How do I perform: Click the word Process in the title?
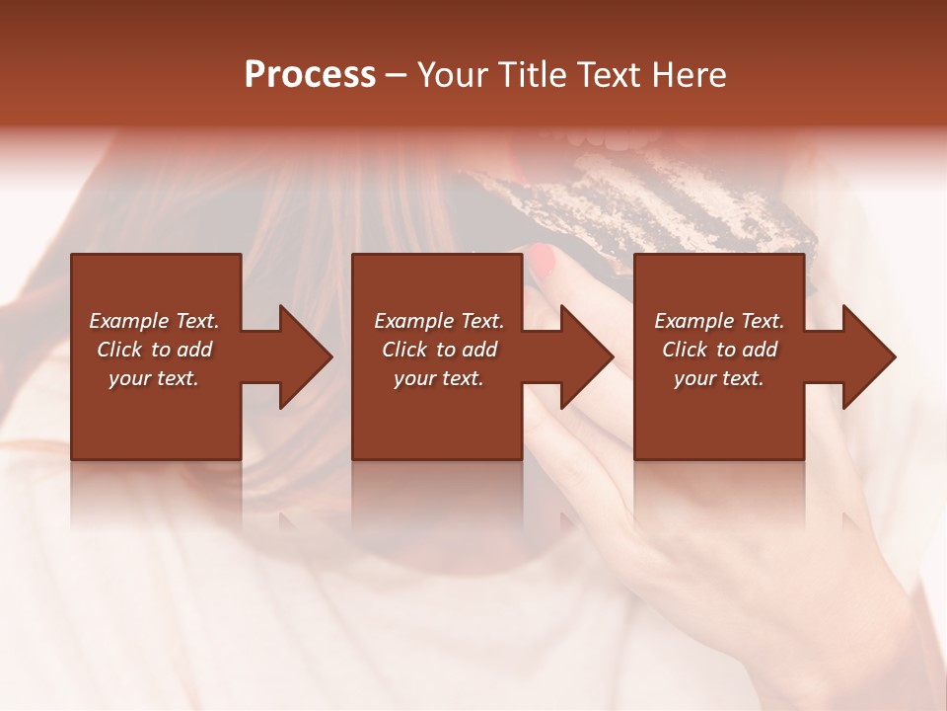tap(310, 75)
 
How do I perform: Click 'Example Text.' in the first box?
tap(154, 321)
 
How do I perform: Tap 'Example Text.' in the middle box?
tap(439, 321)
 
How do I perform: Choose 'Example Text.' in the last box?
tap(719, 321)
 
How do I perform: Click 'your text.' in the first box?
tap(154, 378)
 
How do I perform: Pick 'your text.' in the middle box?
tap(439, 378)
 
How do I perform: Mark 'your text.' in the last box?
tap(719, 378)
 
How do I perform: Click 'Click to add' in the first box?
tap(154, 350)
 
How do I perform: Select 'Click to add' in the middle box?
tap(439, 350)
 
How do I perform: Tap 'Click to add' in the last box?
tap(719, 350)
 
